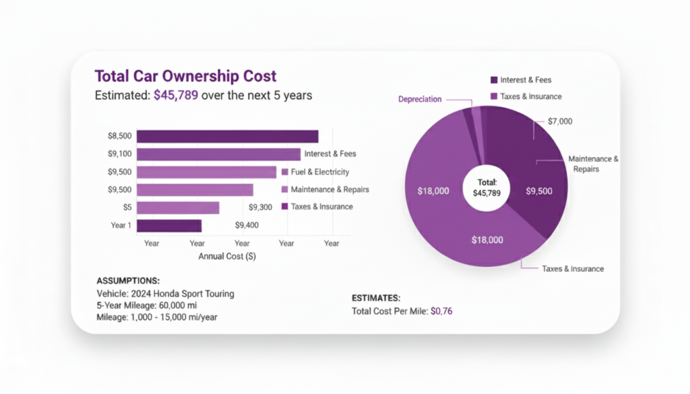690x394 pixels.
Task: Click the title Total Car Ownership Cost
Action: pos(185,76)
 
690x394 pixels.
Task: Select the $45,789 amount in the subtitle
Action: pos(175,96)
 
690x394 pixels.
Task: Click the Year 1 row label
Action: pos(122,225)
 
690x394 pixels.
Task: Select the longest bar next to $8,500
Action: pos(228,136)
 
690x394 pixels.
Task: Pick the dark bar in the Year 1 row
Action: pos(169,226)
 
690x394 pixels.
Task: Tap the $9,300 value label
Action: pos(260,207)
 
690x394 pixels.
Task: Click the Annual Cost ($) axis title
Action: pos(226,257)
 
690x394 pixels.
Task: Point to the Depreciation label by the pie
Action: pos(420,99)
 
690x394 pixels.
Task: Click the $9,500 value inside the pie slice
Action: pos(539,191)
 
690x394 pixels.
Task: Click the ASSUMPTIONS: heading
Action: pos(129,280)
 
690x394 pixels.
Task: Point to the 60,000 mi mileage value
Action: pos(183,305)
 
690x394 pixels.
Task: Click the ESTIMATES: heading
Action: pos(376,297)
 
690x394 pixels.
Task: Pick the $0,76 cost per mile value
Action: pos(441,311)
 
